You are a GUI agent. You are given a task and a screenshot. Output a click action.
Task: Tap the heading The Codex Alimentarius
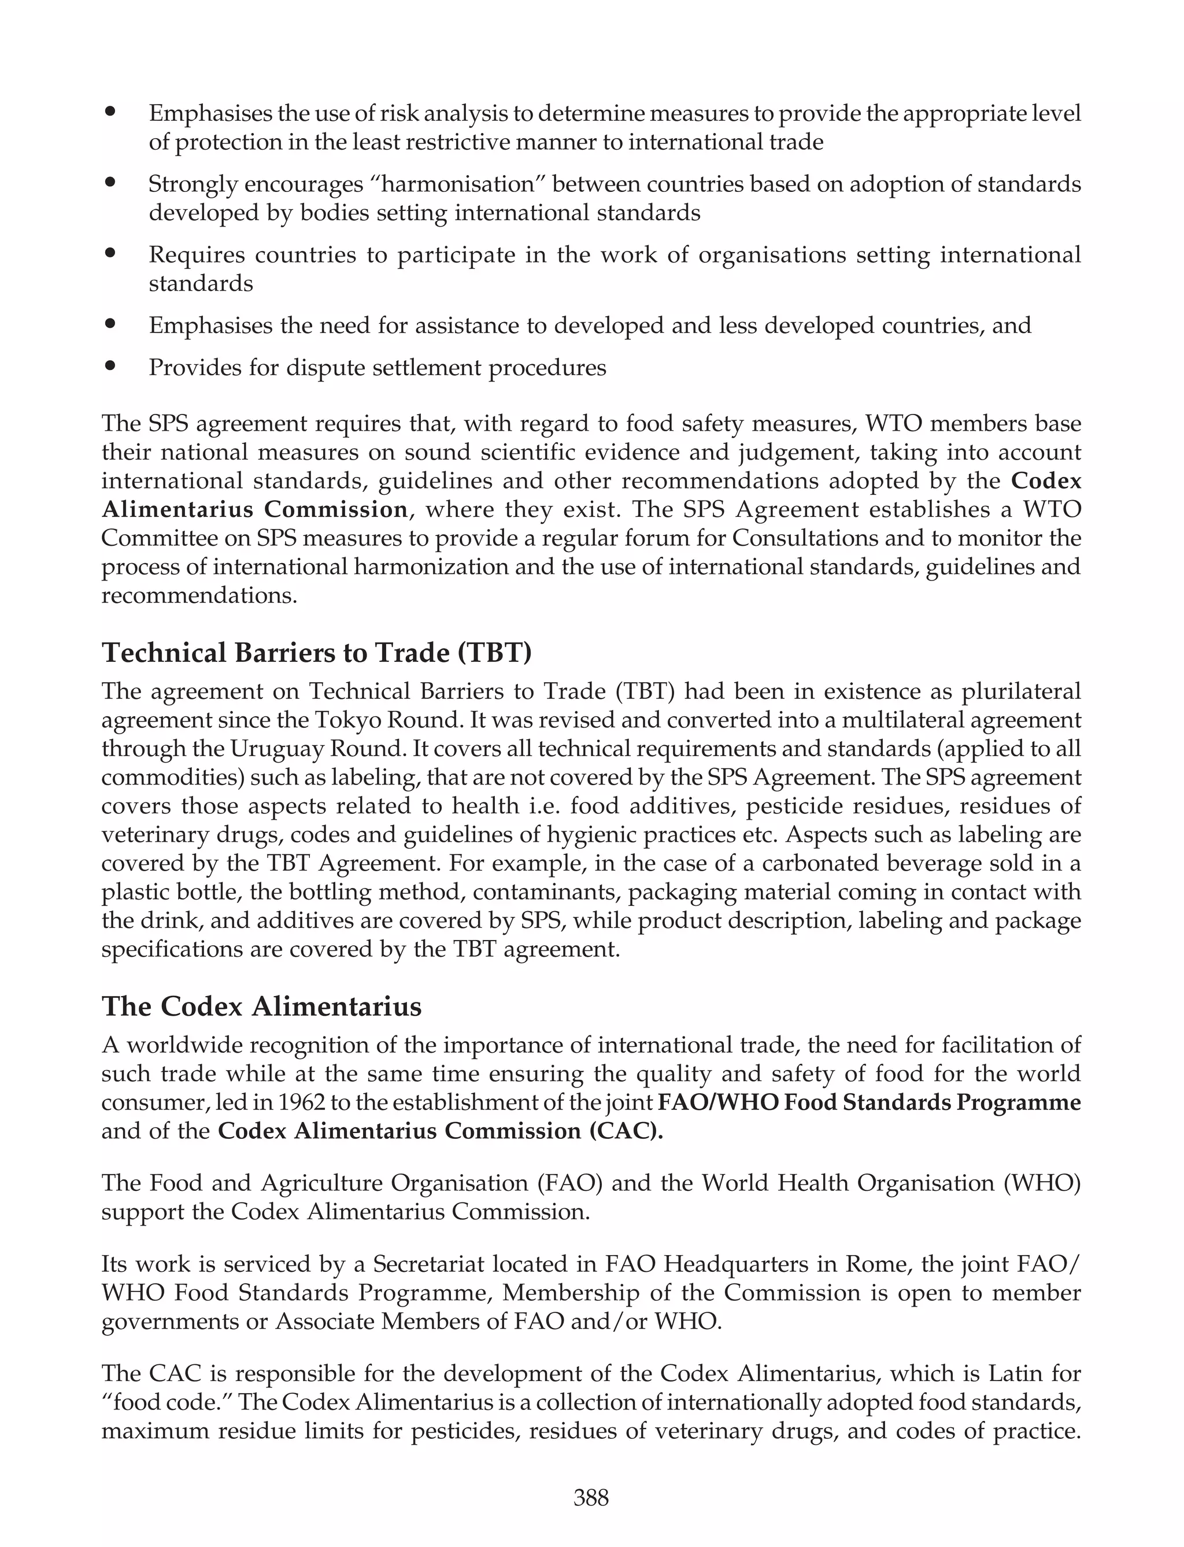tap(261, 1006)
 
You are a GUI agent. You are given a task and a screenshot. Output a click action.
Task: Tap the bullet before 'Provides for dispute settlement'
tap(110, 366)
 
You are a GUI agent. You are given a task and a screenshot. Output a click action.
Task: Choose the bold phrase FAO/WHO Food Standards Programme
tap(869, 1102)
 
